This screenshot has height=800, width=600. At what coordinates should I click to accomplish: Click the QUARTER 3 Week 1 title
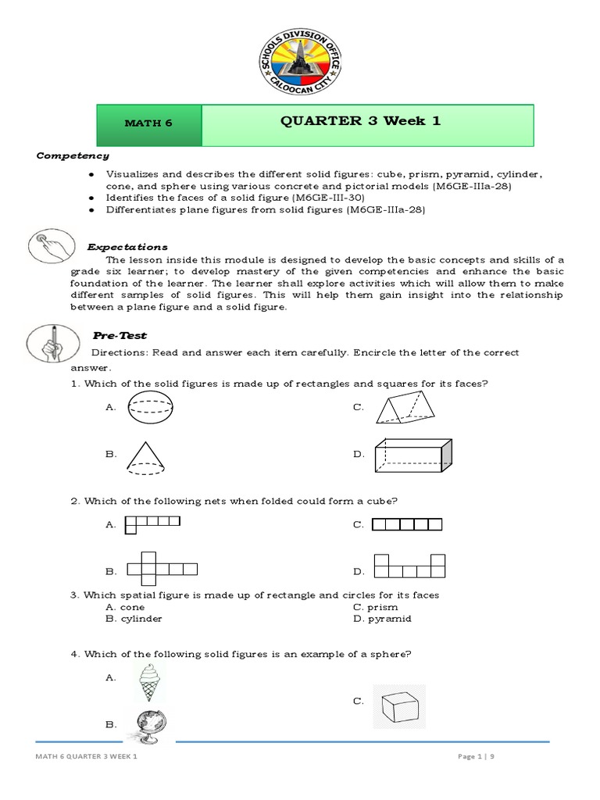click(x=367, y=122)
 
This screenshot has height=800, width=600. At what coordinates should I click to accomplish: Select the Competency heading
click(x=72, y=155)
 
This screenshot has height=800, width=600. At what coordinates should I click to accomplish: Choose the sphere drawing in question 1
click(x=150, y=408)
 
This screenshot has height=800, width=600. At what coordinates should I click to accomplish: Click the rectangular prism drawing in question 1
click(x=412, y=455)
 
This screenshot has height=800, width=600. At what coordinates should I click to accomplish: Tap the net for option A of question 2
click(x=152, y=523)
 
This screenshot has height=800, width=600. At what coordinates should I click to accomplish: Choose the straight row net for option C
click(x=407, y=524)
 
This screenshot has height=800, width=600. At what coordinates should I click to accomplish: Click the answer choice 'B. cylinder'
click(x=134, y=618)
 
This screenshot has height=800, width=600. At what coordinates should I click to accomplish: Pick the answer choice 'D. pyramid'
click(x=381, y=618)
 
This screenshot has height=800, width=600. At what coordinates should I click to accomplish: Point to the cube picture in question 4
click(x=399, y=705)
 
